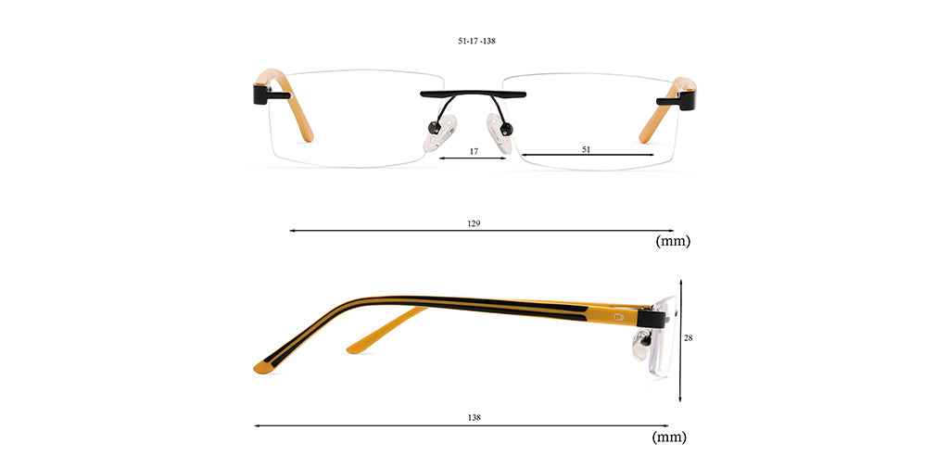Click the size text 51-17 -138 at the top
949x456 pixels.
[x=477, y=41]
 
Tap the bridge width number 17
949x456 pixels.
[x=474, y=151]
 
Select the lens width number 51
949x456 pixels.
[x=586, y=149]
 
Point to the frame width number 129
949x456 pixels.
[x=474, y=223]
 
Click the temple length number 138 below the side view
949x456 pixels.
[x=474, y=417]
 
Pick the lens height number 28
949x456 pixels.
[x=689, y=338]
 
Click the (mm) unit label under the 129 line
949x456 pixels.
[x=673, y=241]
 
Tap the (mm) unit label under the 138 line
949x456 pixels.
[x=669, y=437]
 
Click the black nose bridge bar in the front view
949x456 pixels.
[x=474, y=94]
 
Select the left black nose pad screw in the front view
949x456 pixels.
[x=434, y=127]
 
